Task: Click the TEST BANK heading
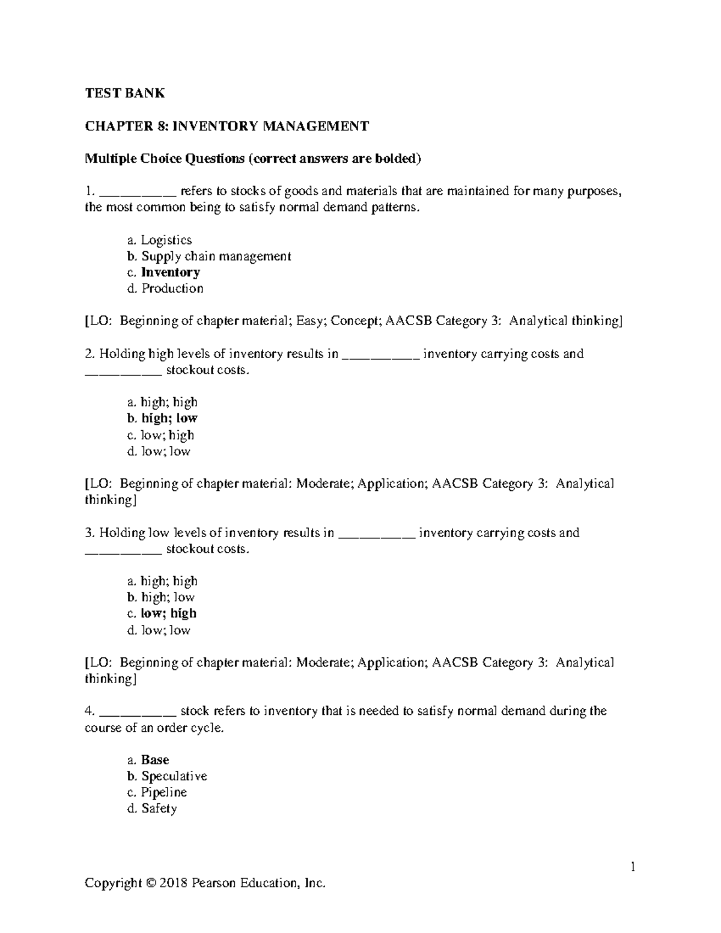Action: click(x=124, y=93)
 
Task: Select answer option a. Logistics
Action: click(x=159, y=240)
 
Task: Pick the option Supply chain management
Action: click(x=209, y=257)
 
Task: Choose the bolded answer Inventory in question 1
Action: click(x=170, y=272)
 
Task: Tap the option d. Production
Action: click(x=165, y=288)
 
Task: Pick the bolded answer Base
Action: click(x=154, y=760)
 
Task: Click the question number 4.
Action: click(x=90, y=711)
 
